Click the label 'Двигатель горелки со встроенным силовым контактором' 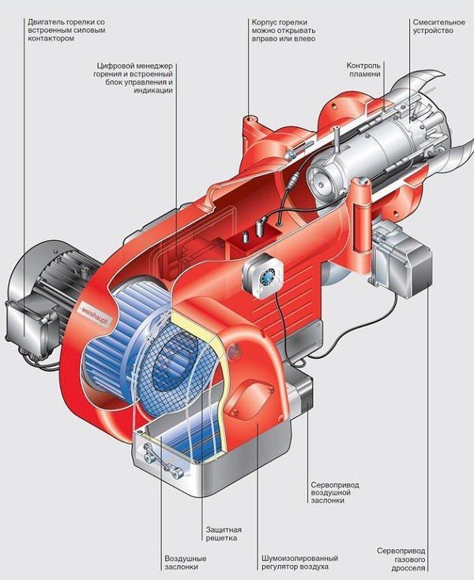(66, 30)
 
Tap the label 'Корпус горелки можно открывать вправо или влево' (284, 30)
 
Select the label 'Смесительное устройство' (439, 26)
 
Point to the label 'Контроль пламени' (363, 70)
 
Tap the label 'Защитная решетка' (224, 534)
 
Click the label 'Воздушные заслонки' (185, 563)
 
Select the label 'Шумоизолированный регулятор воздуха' (300, 563)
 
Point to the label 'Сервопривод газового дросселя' (401, 562)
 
